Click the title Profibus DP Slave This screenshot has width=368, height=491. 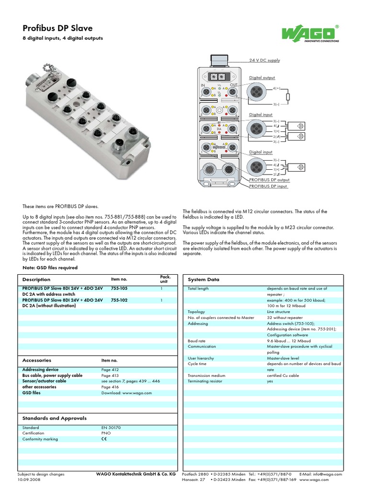coord(57,28)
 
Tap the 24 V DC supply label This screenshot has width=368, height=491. coord(264,60)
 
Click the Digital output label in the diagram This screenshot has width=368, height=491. coord(262,77)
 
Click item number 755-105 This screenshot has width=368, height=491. coord(119,289)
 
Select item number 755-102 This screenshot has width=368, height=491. coord(119,300)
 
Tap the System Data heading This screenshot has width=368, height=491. coord(204,280)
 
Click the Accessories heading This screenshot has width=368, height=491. coord(37,360)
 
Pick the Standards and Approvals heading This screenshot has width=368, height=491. coord(55,418)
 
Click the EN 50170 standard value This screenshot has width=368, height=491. coord(111,427)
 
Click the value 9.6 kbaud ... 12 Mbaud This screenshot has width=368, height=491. coord(289,340)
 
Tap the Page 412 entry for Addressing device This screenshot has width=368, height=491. coord(110,370)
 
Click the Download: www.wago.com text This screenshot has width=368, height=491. coord(126,393)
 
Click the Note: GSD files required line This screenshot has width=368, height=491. coord(50,268)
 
